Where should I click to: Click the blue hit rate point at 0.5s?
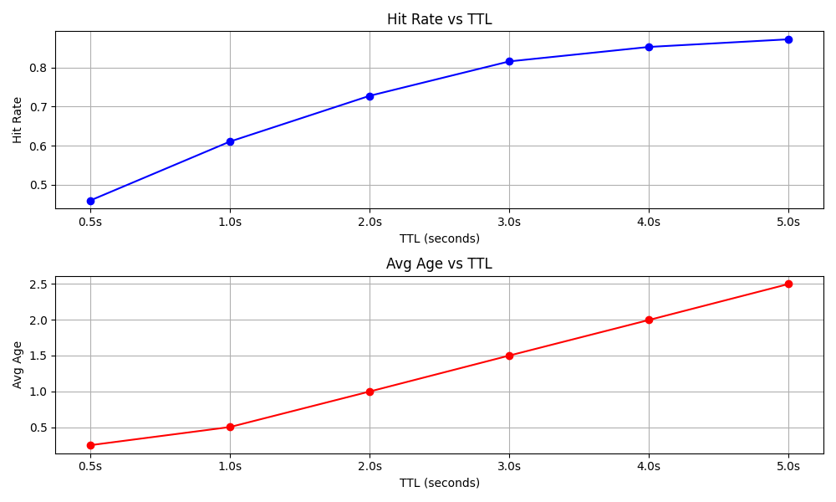(90, 201)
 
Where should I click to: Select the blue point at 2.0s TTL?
(370, 96)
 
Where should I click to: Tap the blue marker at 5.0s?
(788, 39)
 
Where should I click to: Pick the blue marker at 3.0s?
(509, 61)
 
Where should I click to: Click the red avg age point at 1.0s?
(230, 427)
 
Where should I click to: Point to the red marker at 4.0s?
(649, 320)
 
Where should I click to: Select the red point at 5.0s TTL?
(788, 284)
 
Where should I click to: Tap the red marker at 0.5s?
(90, 445)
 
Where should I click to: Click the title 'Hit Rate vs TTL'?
(439, 19)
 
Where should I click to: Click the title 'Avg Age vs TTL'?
(439, 264)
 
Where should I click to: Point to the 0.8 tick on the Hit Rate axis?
(40, 68)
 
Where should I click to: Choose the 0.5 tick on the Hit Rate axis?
(40, 185)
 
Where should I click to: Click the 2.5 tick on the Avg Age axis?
(40, 284)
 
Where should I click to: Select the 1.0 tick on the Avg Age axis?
(40, 392)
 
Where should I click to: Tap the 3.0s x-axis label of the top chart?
(509, 222)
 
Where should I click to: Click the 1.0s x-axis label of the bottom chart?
(230, 466)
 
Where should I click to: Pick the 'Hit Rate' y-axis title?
(18, 120)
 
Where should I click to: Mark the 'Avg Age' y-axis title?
(18, 365)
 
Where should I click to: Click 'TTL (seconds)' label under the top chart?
(439, 238)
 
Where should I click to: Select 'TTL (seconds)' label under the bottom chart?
(439, 483)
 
